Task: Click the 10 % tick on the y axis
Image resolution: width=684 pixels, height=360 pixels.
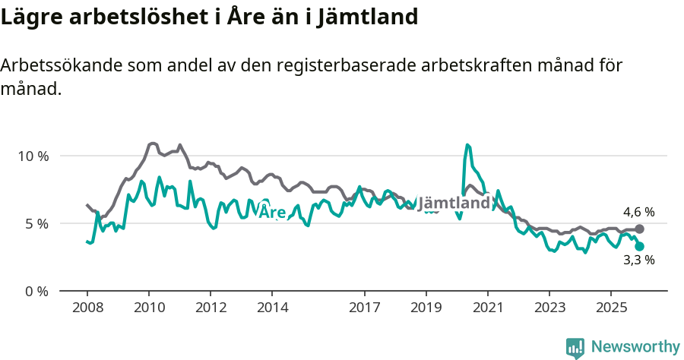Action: [x=32, y=156]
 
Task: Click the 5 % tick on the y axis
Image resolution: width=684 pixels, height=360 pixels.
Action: [x=36, y=224]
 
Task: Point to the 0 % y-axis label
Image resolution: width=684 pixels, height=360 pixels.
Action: [x=36, y=292]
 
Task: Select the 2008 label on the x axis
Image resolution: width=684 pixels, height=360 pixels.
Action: [x=87, y=308]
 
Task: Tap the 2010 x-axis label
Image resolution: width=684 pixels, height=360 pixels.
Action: [x=149, y=308]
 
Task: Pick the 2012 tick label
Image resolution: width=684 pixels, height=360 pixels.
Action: [x=211, y=308]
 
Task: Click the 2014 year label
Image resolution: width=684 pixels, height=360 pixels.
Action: [x=272, y=308]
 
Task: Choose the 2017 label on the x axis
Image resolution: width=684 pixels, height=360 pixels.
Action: [x=364, y=308]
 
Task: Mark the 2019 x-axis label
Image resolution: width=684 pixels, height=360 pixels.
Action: [x=426, y=308]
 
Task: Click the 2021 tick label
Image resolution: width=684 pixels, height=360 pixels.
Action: [x=487, y=308]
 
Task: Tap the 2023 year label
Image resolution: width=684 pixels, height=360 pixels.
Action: [x=549, y=308]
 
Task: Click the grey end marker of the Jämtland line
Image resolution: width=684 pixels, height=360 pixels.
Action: [x=640, y=229]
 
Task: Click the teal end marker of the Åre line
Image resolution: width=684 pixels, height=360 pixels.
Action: [x=640, y=246]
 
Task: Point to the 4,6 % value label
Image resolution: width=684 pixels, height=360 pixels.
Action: [x=638, y=212]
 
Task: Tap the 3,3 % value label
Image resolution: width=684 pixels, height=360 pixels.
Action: [x=638, y=261]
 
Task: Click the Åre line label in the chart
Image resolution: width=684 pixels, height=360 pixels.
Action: [x=272, y=211]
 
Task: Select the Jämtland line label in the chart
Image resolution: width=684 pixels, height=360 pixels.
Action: [x=454, y=204]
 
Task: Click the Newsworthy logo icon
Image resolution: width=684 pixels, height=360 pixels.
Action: [x=575, y=348]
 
